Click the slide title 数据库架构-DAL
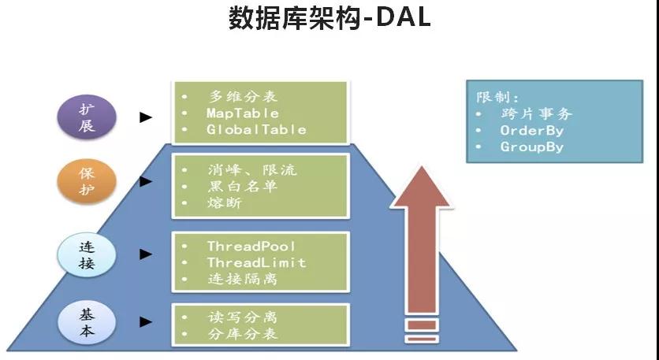click(329, 18)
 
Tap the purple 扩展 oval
click(87, 117)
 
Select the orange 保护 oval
click(87, 182)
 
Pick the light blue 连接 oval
click(87, 254)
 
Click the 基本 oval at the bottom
click(87, 321)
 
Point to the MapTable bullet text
click(243, 113)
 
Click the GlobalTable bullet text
click(256, 129)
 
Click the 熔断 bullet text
click(225, 202)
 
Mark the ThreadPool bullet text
click(251, 247)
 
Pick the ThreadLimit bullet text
click(256, 262)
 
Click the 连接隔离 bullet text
click(242, 279)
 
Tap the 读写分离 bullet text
click(242, 317)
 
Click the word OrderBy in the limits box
click(532, 131)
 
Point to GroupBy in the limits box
click(532, 147)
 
